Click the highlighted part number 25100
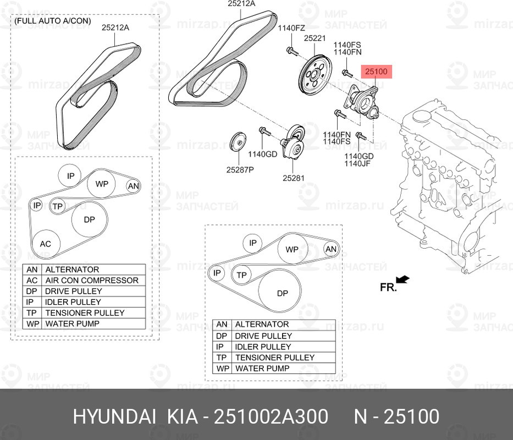click(x=376, y=71)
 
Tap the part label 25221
click(x=315, y=38)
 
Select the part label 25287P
click(x=240, y=169)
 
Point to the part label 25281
click(x=294, y=178)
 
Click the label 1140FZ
click(x=291, y=28)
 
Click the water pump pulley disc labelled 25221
click(x=316, y=76)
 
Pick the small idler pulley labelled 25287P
click(x=238, y=142)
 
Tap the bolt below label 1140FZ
click(x=292, y=51)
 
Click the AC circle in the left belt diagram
click(x=46, y=244)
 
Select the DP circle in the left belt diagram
click(x=90, y=219)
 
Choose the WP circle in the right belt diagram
click(x=293, y=249)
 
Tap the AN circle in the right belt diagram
click(x=331, y=249)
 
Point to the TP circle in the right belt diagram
click(x=242, y=275)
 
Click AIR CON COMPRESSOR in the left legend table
click(x=92, y=280)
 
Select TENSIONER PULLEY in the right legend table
click(x=275, y=358)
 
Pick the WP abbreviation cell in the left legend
click(x=32, y=323)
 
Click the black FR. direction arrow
click(x=402, y=279)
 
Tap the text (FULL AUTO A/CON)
click(x=53, y=21)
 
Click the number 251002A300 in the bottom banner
click(x=271, y=417)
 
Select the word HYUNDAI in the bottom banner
click(x=114, y=417)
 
